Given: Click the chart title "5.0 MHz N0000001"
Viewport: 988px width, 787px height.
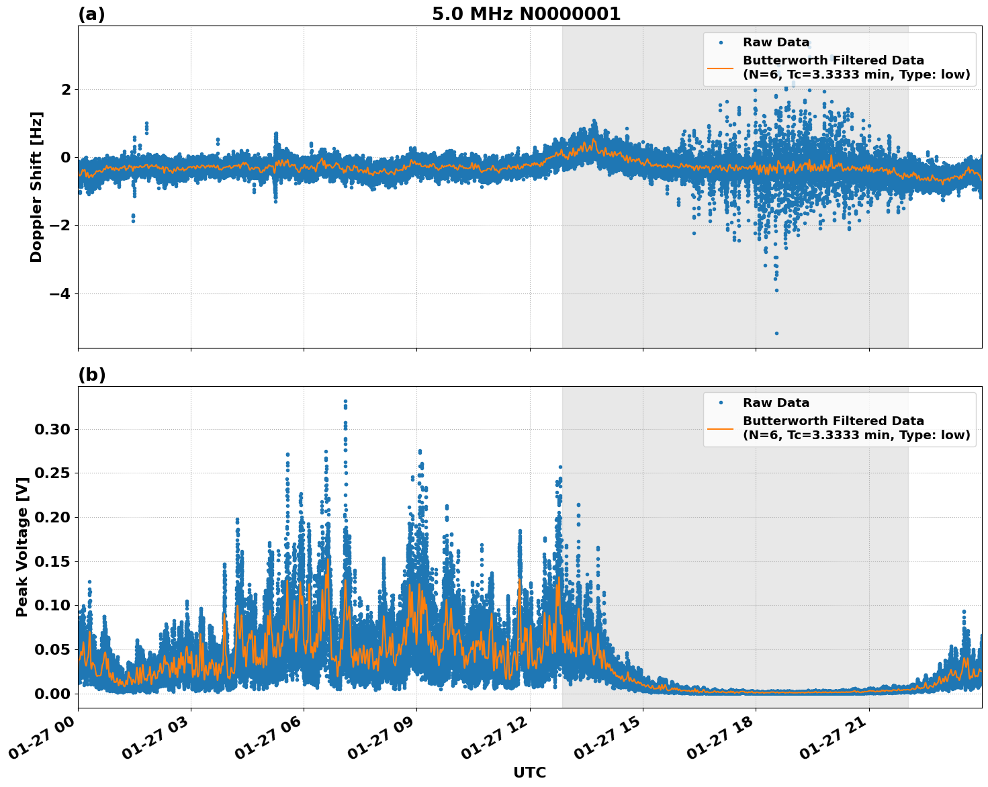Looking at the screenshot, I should [x=526, y=14].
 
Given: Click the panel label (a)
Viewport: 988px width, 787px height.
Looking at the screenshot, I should [x=91, y=14].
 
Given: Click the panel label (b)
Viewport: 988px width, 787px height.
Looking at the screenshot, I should [x=91, y=375].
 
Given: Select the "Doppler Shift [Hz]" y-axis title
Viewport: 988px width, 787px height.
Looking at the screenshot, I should [x=36, y=187].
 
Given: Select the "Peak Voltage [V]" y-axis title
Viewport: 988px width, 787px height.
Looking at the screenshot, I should [x=22, y=547].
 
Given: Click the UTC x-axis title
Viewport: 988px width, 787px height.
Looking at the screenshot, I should [x=529, y=772].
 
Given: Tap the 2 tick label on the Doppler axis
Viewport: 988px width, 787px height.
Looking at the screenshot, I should [x=66, y=89].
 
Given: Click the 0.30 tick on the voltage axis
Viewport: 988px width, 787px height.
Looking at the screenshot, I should [x=52, y=429].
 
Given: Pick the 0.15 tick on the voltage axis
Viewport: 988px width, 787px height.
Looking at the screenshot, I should [x=52, y=561].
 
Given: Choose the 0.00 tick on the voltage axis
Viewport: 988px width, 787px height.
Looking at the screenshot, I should [x=52, y=694].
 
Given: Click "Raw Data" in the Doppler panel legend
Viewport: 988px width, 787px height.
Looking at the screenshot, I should [x=775, y=42].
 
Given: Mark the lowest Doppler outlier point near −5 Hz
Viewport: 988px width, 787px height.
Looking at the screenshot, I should [x=776, y=333].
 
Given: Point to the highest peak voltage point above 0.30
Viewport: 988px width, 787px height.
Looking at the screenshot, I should [x=345, y=402].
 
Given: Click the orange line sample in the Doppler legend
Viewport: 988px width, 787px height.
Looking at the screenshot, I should [x=720, y=67].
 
